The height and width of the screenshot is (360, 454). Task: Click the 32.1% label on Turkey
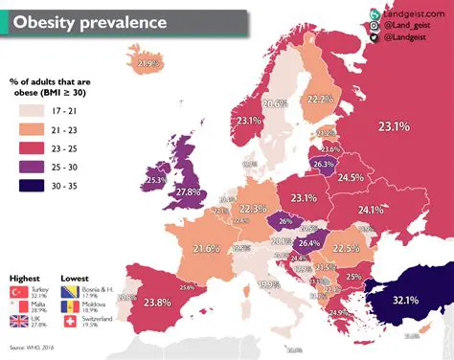(404, 300)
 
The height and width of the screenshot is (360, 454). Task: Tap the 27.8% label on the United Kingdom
(188, 192)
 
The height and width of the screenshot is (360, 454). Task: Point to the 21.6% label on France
(207, 249)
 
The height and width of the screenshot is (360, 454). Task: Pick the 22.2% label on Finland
(321, 100)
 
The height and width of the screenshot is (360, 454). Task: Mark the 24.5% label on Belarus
(350, 177)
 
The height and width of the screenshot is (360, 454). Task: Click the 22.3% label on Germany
(253, 208)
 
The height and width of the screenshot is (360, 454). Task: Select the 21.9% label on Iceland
(148, 64)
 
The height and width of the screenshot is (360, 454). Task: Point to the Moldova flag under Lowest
(70, 307)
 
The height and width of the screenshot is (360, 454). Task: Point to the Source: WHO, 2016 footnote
(33, 347)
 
